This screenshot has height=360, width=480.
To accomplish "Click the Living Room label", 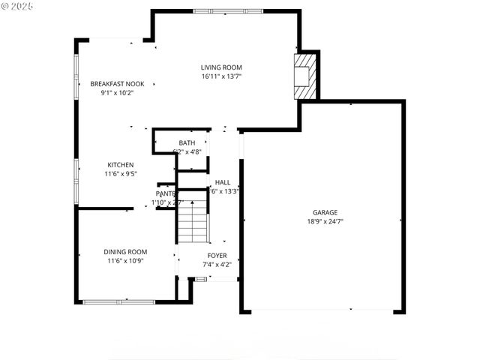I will coord(220,67).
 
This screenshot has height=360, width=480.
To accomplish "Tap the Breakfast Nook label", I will coord(116,83).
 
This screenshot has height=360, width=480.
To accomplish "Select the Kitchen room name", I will coord(120,164).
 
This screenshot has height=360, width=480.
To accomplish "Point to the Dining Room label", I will coord(125,252).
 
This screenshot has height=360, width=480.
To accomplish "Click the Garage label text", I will coord(325,212).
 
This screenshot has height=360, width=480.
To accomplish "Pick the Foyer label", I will coord(217,255).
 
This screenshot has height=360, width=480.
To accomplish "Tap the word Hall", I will coord(223,182).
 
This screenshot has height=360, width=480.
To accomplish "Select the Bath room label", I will coord(187,142).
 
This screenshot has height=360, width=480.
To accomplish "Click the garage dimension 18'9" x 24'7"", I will coord(325,222).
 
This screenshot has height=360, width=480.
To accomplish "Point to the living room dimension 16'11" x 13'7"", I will coord(220,76).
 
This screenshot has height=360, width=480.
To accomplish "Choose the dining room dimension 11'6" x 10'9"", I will coord(125,261).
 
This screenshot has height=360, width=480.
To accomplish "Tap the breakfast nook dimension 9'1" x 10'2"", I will coord(116,93).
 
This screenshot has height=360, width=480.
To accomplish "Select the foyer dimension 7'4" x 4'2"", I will coord(217,264).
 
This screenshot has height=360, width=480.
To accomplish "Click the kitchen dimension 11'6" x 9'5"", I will coord(120,174).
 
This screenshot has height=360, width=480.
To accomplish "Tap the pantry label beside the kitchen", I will coord(165,193).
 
